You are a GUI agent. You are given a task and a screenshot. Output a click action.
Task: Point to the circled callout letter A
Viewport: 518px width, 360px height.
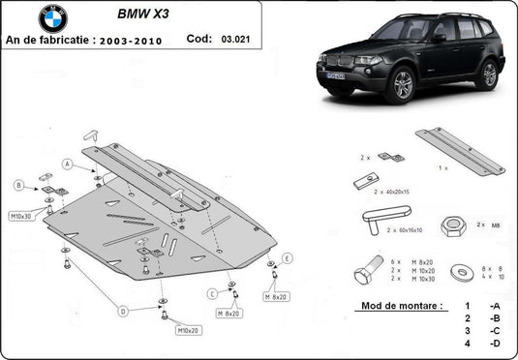67,164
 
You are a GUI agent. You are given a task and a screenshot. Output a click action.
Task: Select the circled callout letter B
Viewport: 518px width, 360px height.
18,185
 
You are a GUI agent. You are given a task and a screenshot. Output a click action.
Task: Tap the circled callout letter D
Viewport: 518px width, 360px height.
124,311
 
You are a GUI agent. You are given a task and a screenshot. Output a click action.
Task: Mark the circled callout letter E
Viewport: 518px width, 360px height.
287,257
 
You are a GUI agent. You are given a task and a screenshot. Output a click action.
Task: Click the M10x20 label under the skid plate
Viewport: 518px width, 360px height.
188,331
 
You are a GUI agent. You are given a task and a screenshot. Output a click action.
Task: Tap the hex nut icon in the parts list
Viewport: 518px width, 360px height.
450,225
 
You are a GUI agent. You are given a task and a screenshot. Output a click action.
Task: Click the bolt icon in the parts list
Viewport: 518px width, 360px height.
367,272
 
